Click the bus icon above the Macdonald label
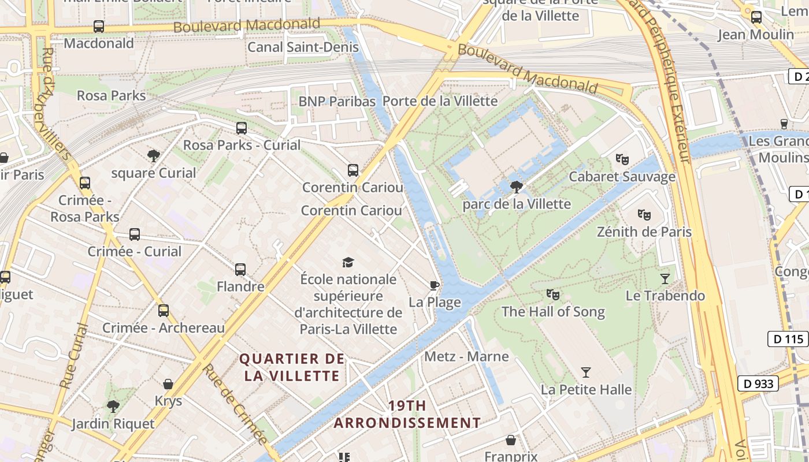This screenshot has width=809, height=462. coord(99,27)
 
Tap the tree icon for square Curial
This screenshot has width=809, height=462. coord(153,155)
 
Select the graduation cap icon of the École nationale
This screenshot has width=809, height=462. coord(348,263)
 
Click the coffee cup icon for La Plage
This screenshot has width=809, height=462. coord(435,285)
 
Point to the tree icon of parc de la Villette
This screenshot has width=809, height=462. coord(517,187)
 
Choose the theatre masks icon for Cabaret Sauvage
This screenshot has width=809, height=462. coord(622,159)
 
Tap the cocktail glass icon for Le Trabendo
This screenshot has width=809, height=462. coord(665,279)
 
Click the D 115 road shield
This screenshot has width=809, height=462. coord(788,339)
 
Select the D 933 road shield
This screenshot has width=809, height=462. coord(758,383)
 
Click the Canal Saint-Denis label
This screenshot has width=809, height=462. coord(303,47)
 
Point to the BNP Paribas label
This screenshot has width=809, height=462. coord(337,102)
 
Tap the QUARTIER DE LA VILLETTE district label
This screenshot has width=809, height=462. coord(292,367)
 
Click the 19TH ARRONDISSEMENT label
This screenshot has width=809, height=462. coord(407,415)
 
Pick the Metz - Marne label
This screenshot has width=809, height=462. coord(466,356)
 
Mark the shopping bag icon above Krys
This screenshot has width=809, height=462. coord(168,384)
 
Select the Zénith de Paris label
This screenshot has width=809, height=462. coord(644,232)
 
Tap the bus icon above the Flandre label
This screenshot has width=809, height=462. coord(240,269)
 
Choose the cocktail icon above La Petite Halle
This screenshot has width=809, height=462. coord(586,372)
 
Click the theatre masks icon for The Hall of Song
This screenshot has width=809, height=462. coord(553,295)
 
